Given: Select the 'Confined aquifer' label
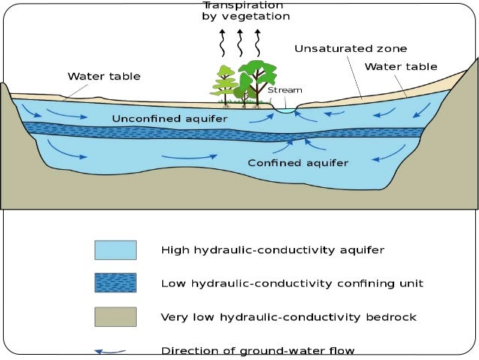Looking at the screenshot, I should pos(298,162).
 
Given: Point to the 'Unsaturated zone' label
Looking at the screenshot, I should pos(351,49).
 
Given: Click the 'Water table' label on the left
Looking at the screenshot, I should pos(104,76).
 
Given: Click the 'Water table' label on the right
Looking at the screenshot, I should pos(400,67).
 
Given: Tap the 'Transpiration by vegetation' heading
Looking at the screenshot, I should pos(245,11).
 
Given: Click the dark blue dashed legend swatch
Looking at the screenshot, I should pos(115,283).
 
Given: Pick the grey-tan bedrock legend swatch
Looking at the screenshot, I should pos(115,316).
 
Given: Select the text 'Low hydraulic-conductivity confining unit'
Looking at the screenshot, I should pos(292,283).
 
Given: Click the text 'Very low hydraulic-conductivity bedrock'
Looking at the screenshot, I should pos(287,316).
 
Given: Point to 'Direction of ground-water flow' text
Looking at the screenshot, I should pos(258,350).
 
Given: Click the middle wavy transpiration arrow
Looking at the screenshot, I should pos(240,43).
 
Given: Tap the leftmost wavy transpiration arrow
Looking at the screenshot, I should pos(223,43).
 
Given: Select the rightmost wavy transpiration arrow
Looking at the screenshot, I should pos(258,43).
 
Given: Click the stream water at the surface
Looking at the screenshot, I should pos(285,110).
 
